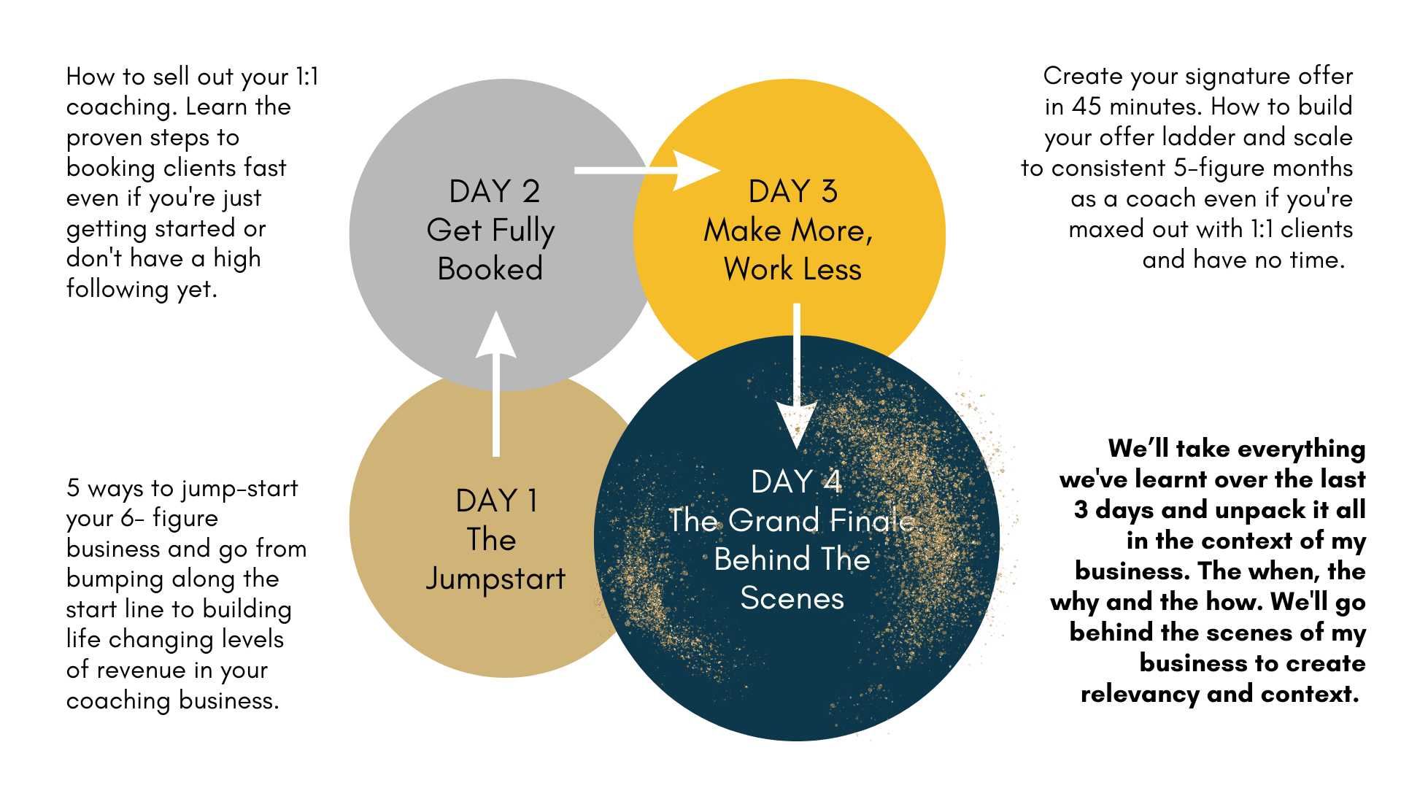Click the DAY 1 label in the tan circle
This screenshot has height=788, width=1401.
pyautogui.click(x=496, y=501)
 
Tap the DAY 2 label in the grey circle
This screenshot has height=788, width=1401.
pyautogui.click(x=494, y=192)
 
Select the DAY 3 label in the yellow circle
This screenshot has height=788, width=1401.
pyautogui.click(x=792, y=192)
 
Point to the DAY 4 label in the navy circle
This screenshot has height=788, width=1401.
pyautogui.click(x=796, y=482)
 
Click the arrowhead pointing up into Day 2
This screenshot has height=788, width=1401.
pyautogui.click(x=496, y=336)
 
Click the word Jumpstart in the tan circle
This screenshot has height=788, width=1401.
pyautogui.click(x=495, y=579)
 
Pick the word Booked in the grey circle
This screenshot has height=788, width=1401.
pyautogui.click(x=490, y=269)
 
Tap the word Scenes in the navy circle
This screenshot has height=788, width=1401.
pyautogui.click(x=792, y=599)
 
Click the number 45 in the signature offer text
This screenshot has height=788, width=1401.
pyautogui.click(x=1087, y=107)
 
